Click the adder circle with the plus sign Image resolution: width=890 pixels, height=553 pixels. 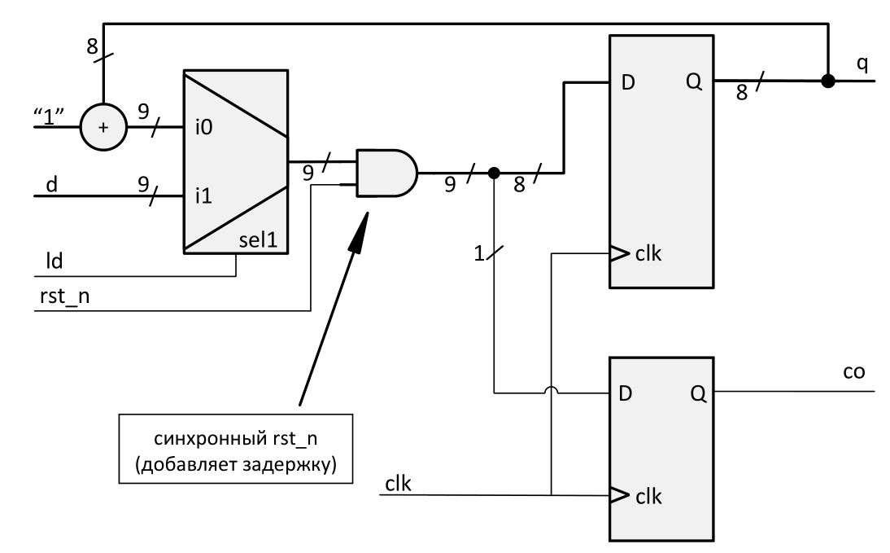(103, 127)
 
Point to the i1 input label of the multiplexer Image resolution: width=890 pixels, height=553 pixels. (203, 196)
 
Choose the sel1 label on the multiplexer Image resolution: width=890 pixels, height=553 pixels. (259, 242)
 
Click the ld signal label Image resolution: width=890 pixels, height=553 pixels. (54, 263)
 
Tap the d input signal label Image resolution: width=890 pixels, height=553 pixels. (52, 184)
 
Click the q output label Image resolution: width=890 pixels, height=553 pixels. (862, 64)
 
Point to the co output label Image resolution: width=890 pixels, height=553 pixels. (854, 372)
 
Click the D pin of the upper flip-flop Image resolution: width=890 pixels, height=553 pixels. (627, 82)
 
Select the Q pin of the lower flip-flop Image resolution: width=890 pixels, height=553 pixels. (698, 393)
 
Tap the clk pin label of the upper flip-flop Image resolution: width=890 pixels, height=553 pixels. (649, 254)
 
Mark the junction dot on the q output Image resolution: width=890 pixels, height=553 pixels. (828, 81)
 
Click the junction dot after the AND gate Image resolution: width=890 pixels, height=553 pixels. (493, 173)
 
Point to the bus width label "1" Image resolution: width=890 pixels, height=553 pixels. (479, 254)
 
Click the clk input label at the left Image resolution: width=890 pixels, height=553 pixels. (398, 483)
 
